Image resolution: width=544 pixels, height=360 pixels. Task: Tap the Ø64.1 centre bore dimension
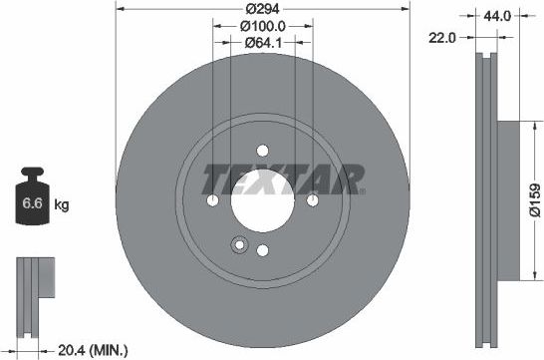point(263,43)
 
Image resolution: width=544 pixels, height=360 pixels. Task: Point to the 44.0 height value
point(497,16)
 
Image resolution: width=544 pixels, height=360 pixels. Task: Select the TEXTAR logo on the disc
point(284,180)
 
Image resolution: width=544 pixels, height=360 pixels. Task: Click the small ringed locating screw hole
point(238,245)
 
